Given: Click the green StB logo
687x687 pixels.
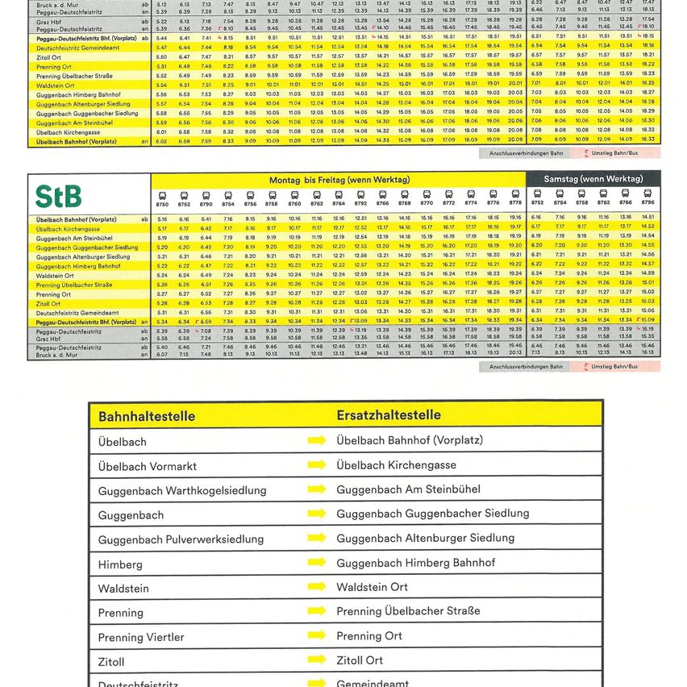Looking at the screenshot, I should pyautogui.click(x=58, y=197).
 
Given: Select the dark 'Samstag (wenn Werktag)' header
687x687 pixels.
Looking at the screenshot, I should pyautogui.click(x=593, y=178).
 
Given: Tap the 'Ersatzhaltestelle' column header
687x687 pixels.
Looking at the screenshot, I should pyautogui.click(x=388, y=415).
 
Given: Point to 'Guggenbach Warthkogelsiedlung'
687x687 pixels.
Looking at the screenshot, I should pyautogui.click(x=181, y=490).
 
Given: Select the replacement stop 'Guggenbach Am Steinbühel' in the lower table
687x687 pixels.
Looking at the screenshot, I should pyautogui.click(x=408, y=489).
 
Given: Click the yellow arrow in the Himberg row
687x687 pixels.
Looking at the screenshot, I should pyautogui.click(x=317, y=563).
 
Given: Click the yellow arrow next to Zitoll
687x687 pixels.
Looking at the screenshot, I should pyautogui.click(x=317, y=660).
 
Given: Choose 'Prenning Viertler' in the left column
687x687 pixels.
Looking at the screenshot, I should pyautogui.click(x=141, y=637).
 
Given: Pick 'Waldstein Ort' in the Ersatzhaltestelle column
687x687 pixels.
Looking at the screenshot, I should pyautogui.click(x=372, y=587).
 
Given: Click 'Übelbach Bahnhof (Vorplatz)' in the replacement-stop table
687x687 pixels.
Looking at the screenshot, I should pyautogui.click(x=409, y=440).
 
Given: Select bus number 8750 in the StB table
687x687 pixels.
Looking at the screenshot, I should pyautogui.click(x=162, y=205).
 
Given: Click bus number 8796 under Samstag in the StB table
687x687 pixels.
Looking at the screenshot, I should pyautogui.click(x=647, y=205).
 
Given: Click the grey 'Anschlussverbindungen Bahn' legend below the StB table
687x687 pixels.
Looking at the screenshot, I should pyautogui.click(x=520, y=367).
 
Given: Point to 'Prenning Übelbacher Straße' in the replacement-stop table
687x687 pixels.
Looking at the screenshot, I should pyautogui.click(x=408, y=611).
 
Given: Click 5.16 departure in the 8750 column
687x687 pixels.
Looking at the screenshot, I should pyautogui.click(x=162, y=219).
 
